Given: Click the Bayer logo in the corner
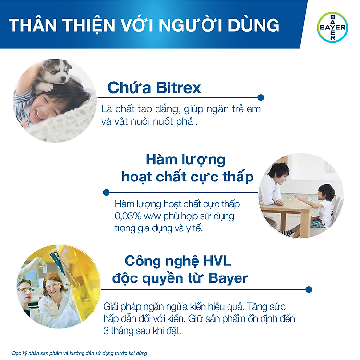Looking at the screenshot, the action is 333,27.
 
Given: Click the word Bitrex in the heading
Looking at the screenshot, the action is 178,87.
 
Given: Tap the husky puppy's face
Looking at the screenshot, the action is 59,71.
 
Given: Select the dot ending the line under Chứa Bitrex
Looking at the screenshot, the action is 261,97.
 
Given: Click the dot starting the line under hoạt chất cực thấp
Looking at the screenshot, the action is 106,192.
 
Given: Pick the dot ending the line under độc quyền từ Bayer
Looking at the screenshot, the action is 309,289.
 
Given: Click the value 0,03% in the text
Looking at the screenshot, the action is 128,216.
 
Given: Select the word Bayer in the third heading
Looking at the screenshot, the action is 228,278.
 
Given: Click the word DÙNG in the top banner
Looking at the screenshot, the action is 253,25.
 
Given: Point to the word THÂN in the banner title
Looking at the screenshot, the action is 33,24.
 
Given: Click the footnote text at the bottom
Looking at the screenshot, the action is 79,353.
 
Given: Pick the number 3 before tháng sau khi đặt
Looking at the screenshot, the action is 106,331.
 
